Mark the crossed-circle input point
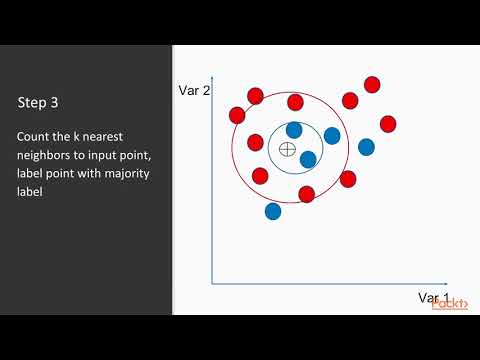(x=287, y=149)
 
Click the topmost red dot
(x=372, y=84)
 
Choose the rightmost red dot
(x=388, y=123)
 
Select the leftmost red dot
(x=237, y=115)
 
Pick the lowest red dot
(x=306, y=193)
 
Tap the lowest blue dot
(x=273, y=211)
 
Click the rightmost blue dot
(x=366, y=147)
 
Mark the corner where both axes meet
(x=212, y=284)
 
